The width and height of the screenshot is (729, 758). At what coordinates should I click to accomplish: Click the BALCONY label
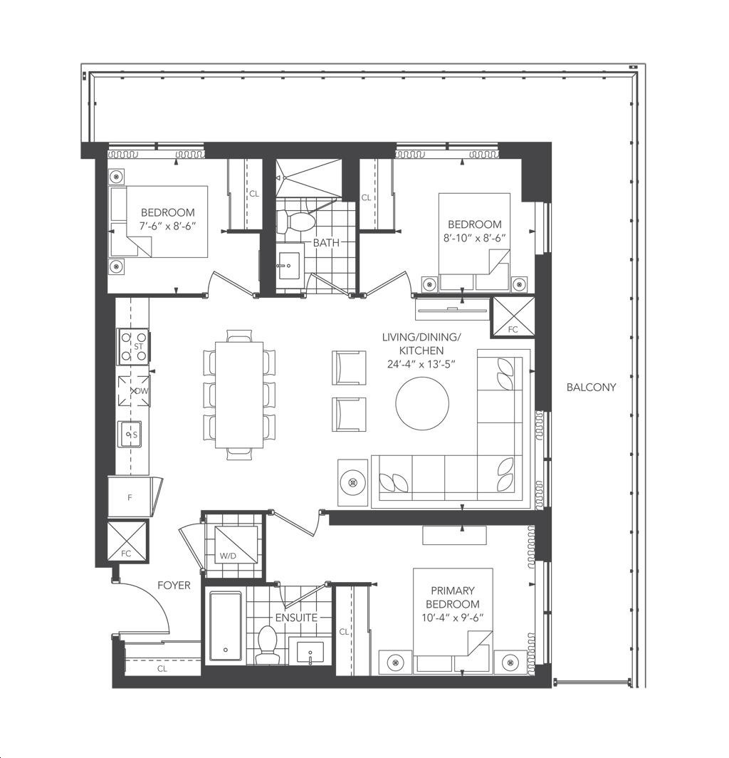pyautogui.click(x=591, y=388)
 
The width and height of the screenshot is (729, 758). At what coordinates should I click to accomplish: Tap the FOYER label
pyautogui.click(x=174, y=586)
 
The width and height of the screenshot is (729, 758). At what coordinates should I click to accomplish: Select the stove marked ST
pyautogui.click(x=134, y=347)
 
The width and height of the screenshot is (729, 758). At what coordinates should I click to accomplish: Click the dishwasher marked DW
pyautogui.click(x=134, y=390)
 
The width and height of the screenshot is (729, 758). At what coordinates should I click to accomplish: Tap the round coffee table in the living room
pyautogui.click(x=422, y=403)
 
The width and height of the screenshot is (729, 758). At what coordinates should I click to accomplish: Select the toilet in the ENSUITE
pyautogui.click(x=267, y=644)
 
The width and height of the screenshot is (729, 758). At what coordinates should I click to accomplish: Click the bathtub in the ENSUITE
pyautogui.click(x=226, y=626)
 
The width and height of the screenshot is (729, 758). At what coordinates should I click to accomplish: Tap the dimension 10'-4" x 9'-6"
pyautogui.click(x=453, y=618)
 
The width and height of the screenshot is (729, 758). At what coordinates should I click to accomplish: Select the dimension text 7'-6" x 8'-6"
pyautogui.click(x=167, y=226)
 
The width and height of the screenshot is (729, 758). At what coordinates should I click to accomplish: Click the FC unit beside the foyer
pyautogui.click(x=127, y=541)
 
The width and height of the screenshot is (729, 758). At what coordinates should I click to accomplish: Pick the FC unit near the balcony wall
pyautogui.click(x=513, y=316)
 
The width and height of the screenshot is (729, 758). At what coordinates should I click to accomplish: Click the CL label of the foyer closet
pyautogui.click(x=162, y=668)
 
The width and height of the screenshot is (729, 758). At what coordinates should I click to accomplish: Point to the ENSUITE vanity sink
pyautogui.click(x=310, y=653)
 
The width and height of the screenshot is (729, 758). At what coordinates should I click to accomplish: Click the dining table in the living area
pyautogui.click(x=240, y=395)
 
